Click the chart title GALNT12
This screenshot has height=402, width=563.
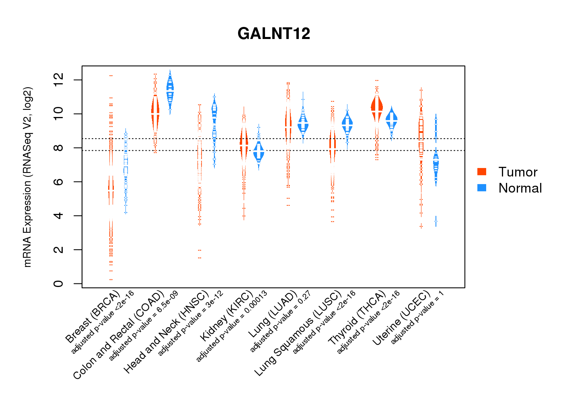click(274, 34)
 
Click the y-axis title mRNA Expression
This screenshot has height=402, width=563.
click(27, 177)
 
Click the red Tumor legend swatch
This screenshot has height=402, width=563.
click(482, 172)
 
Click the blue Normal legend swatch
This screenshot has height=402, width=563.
click(482, 188)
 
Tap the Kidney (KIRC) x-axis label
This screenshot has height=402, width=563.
click(227, 316)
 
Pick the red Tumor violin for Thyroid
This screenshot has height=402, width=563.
click(377, 108)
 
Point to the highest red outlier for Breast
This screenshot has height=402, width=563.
click(111, 76)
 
